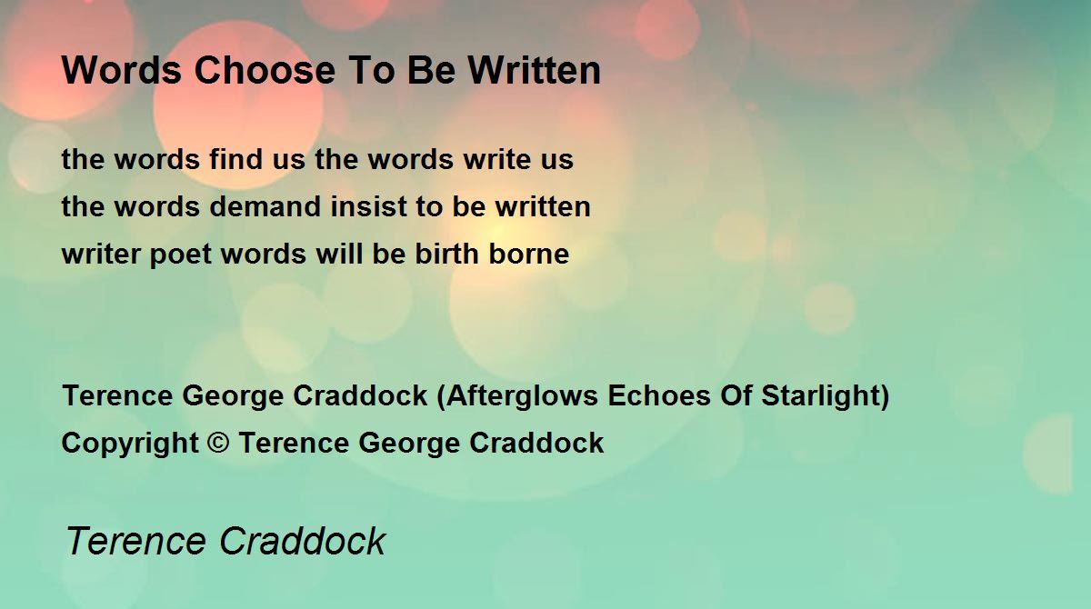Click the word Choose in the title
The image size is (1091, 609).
point(265,70)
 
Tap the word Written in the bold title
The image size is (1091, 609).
point(535,70)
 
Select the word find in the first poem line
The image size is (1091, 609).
point(235,159)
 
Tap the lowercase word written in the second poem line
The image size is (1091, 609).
point(543,206)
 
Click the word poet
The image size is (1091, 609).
point(181,255)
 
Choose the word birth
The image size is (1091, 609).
point(446,253)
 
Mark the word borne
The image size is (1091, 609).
point(529,253)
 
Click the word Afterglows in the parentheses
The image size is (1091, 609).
point(522,395)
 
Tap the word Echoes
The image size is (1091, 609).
point(659,394)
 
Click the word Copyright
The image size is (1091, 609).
point(130,443)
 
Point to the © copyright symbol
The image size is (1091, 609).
point(218,443)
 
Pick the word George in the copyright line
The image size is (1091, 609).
point(409,443)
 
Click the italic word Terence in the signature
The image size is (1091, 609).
point(135,541)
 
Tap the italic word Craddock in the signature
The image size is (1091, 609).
point(302,541)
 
